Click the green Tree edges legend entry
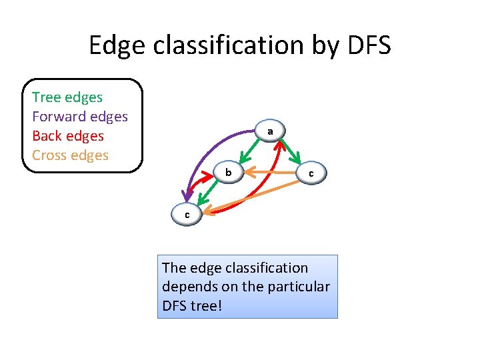(x=67, y=97)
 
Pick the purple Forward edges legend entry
(x=79, y=117)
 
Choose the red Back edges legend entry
(x=68, y=136)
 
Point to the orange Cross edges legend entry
(x=70, y=155)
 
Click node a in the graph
(x=270, y=132)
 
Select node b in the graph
(x=228, y=173)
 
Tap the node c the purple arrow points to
(x=187, y=215)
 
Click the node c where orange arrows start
(x=310, y=173)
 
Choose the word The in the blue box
(x=174, y=268)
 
